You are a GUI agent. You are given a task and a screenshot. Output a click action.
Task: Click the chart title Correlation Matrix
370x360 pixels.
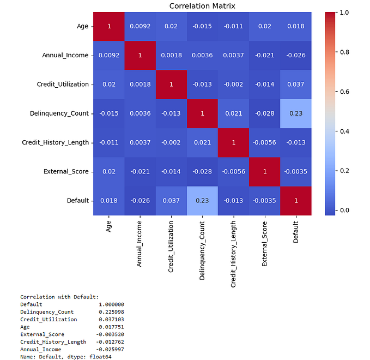pos(202,6)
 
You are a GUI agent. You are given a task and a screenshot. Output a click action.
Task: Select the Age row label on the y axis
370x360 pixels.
pos(82,26)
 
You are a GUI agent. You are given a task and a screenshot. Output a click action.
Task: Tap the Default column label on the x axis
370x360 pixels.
pos(295,237)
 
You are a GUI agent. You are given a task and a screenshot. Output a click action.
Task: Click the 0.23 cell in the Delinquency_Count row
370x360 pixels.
pos(295,113)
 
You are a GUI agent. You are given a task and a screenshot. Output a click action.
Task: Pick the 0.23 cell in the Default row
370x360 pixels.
pos(202,200)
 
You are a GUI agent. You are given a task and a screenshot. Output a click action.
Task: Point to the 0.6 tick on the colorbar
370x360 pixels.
pos(345,91)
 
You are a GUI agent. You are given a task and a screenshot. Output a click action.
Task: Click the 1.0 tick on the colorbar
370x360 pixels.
pos(345,12)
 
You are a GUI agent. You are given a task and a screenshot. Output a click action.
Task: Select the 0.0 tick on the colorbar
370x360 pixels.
pos(345,210)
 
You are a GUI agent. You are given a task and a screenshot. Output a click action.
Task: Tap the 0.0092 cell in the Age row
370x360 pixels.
pos(140,26)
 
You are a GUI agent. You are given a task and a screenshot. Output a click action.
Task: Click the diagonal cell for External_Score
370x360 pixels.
pos(264,171)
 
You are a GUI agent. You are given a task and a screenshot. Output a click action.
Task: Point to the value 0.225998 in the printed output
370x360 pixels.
pos(111,312)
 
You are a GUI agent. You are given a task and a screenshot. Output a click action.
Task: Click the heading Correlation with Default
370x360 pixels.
pos(59,297)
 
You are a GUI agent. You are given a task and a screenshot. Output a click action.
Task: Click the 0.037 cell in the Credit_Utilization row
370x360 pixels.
pos(295,84)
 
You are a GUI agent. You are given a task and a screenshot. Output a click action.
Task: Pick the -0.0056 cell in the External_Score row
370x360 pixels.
pos(233,171)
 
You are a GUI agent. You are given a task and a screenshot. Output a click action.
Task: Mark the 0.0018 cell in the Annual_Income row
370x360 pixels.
pos(171,55)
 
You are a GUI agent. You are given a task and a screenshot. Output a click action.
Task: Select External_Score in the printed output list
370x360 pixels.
pos(42,334)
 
